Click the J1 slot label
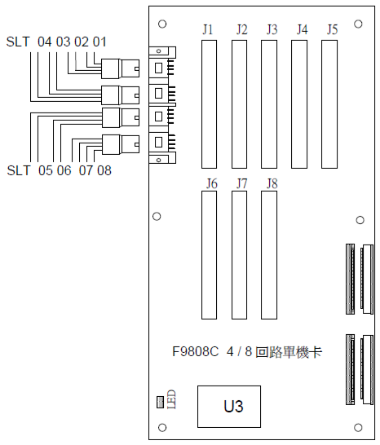[208, 29]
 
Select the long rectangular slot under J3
[269, 104]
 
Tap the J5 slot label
[332, 29]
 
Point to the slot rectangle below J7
[239, 255]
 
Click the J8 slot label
[272, 183]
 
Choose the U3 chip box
[229, 407]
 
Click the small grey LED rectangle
[160, 402]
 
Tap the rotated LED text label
[171, 399]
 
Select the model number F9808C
[196, 352]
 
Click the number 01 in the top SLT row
[99, 42]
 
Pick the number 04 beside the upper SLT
[45, 42]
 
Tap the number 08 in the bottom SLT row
[104, 170]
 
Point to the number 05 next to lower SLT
[46, 170]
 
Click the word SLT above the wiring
[18, 42]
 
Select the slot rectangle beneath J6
[209, 255]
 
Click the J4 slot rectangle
[299, 104]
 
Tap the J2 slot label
[241, 29]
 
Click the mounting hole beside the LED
[162, 427]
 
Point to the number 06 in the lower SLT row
[64, 170]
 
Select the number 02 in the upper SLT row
[82, 42]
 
